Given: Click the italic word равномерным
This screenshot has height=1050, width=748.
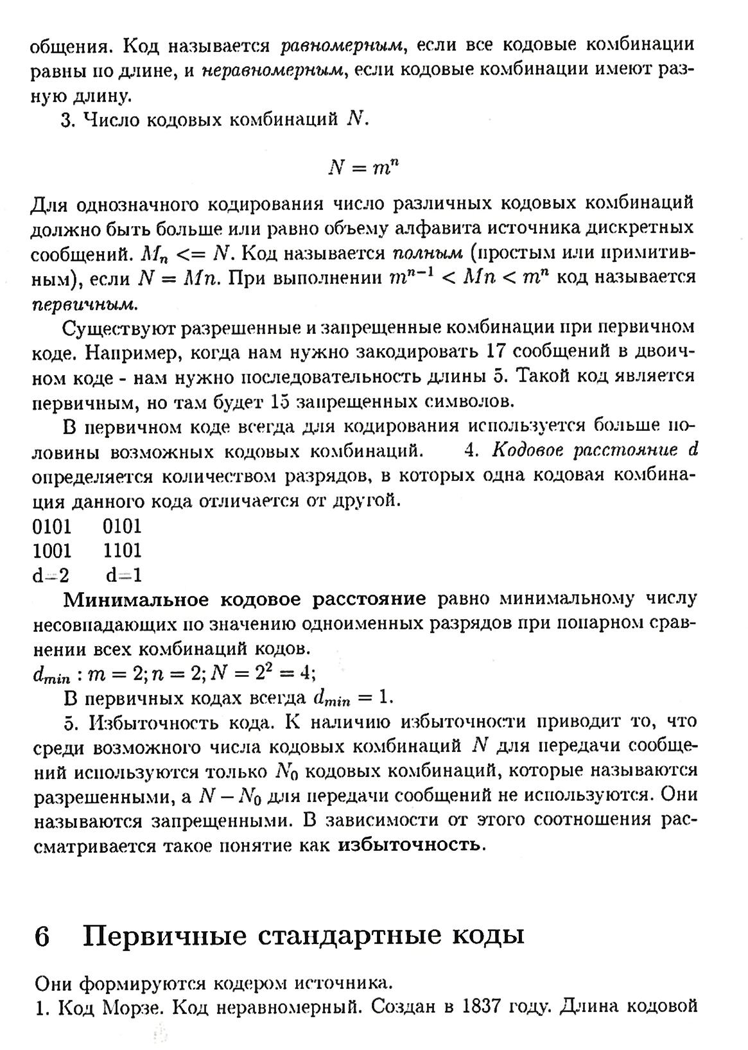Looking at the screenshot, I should click(342, 46).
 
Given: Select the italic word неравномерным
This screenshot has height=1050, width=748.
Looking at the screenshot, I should click(273, 71).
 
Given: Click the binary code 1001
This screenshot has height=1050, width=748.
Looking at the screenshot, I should click(52, 550).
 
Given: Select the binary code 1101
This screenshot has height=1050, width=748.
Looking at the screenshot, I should click(122, 550).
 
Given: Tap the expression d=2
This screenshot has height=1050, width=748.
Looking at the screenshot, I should click(51, 575).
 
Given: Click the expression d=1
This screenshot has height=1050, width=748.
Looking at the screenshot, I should click(124, 575).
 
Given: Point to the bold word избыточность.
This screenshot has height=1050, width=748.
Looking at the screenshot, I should click(409, 844).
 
